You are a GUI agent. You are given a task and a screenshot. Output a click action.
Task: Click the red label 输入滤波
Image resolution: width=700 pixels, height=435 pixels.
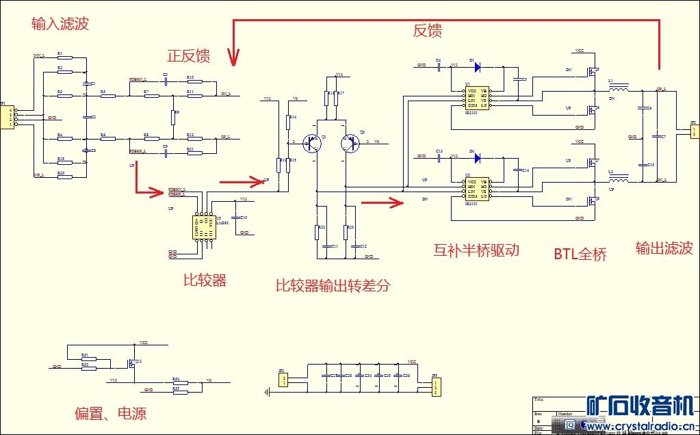pyautogui.click(x=60, y=25)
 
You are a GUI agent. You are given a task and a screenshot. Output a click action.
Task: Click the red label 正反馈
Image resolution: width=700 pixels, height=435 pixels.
pyautogui.click(x=188, y=55)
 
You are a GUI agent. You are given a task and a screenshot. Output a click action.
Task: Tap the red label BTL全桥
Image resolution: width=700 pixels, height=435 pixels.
pyautogui.click(x=580, y=254)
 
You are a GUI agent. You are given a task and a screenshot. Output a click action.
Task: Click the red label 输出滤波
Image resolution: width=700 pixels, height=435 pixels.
pyautogui.click(x=664, y=248)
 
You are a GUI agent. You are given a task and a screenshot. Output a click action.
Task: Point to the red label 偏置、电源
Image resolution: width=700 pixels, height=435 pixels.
pyautogui.click(x=110, y=413)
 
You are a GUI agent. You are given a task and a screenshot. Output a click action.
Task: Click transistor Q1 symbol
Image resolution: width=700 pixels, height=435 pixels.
pyautogui.click(x=313, y=144)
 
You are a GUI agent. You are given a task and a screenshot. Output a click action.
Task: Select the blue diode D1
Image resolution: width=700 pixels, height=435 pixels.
pyautogui.click(x=476, y=67)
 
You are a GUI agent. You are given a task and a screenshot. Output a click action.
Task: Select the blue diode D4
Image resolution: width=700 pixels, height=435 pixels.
pyautogui.click(x=476, y=157)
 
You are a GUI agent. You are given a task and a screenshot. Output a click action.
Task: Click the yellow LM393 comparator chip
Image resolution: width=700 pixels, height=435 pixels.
pyautogui.click(x=204, y=226)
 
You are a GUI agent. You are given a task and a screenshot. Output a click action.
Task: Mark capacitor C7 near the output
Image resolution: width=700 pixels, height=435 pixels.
pyautogui.click(x=655, y=137)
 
